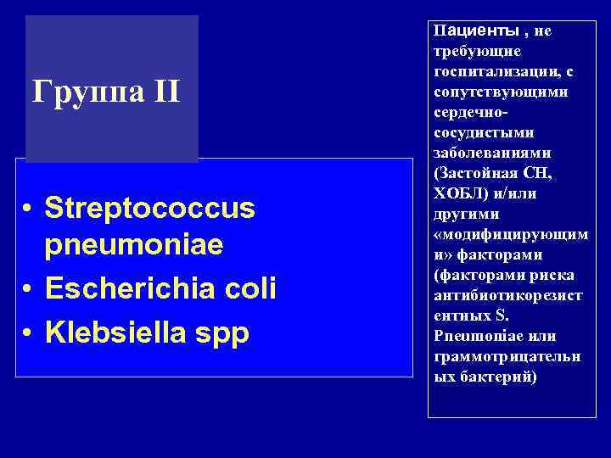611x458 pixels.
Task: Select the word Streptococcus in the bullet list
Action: pyautogui.click(x=149, y=209)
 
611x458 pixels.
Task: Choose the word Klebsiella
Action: pyautogui.click(x=115, y=332)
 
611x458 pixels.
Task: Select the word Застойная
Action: pyautogui.click(x=475, y=173)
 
